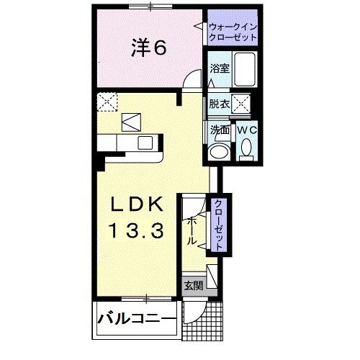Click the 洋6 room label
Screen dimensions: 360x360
150,48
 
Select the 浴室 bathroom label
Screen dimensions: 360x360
219,69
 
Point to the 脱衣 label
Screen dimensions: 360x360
219,104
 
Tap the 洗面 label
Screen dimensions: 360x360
219,130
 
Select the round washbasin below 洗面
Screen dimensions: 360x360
218,151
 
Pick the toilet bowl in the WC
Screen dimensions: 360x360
246,150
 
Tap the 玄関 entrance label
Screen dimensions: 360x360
193,284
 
